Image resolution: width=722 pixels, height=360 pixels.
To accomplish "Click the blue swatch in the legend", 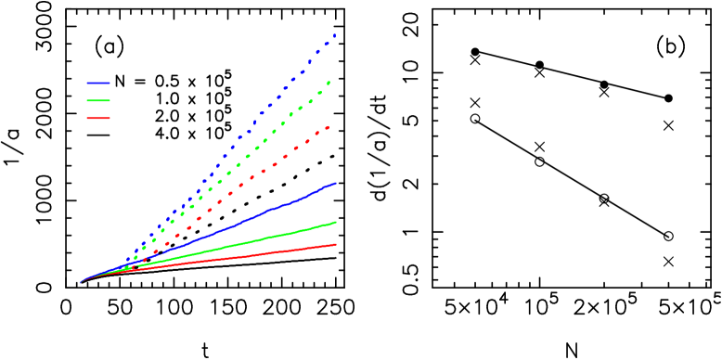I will pos(98,83).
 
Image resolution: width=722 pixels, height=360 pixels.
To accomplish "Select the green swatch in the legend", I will pos(98,100).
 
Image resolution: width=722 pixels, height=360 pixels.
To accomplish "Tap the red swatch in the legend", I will pos(98,118).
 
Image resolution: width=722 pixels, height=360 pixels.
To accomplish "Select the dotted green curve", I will pos(246,157).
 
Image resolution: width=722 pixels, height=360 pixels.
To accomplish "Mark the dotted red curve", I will pos(251,177).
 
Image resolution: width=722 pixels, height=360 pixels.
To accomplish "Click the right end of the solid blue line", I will pos(336,183).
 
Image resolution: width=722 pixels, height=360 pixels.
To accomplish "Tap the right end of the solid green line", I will pos(336,222).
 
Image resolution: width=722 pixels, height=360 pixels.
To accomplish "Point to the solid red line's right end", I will pos(336,244).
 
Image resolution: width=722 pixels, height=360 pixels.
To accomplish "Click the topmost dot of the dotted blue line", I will pos(334,35).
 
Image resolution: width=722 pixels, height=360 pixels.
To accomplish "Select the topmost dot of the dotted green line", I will pos(329,83).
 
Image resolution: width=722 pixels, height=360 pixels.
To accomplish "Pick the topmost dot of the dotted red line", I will pos(328,126).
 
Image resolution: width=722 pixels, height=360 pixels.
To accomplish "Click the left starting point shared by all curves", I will pos(82,282).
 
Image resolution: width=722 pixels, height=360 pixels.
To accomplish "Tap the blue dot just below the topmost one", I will pos(326,44).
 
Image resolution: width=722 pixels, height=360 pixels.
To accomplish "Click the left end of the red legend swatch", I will pos(88,118).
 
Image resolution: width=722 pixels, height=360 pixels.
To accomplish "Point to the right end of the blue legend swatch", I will pos(110,83).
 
